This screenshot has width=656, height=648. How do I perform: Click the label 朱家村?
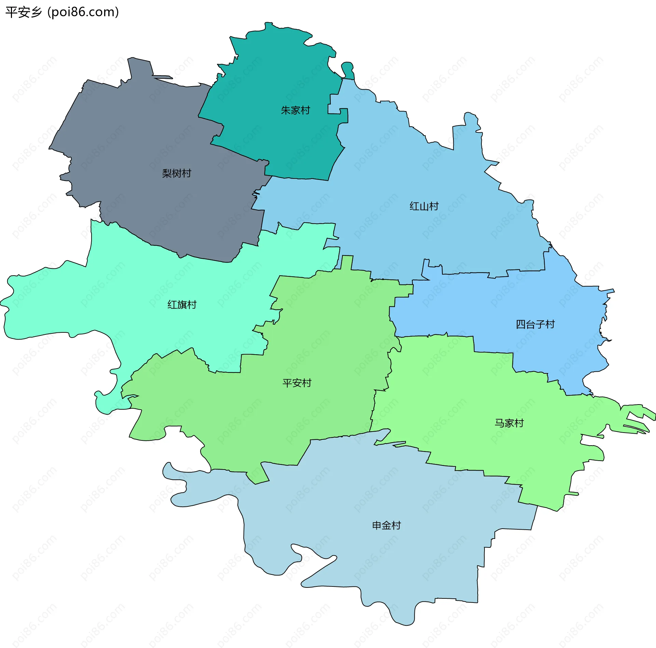[295, 110]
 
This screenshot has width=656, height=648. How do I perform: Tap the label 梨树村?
[176, 173]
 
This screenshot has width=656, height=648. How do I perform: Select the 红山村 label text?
[424, 206]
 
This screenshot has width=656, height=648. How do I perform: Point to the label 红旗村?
[182, 304]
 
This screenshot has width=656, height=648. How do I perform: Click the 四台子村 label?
[535, 324]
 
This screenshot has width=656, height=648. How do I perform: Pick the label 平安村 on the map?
[297, 383]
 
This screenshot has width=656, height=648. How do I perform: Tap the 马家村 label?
[509, 423]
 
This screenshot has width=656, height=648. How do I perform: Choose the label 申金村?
[386, 525]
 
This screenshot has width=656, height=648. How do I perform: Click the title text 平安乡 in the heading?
[23, 12]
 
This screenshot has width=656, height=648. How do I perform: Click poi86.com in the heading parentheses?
[83, 12]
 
